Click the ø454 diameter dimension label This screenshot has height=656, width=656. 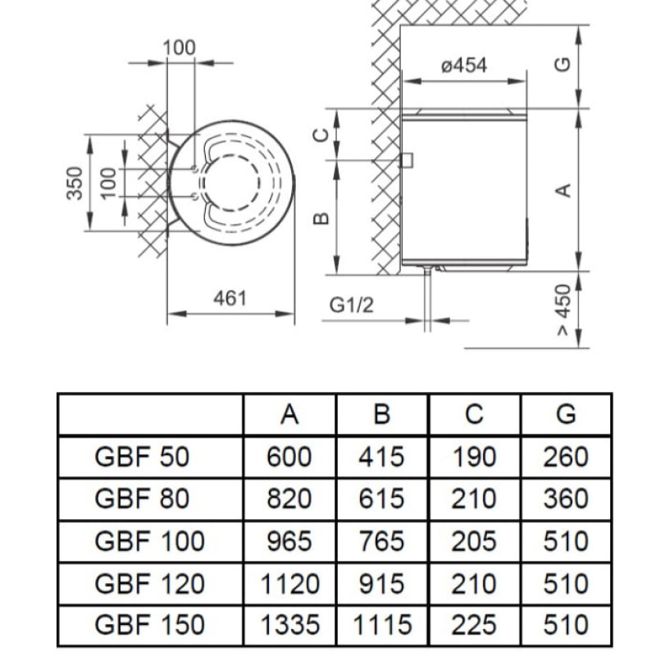[464, 66]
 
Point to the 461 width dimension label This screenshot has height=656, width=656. [230, 298]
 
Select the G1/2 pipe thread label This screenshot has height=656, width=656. [352, 305]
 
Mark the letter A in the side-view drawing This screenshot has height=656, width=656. [563, 189]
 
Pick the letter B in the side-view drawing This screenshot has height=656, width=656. [322, 218]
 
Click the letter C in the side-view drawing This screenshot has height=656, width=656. [322, 134]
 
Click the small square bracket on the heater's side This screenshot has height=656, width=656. [405, 160]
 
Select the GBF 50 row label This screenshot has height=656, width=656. [142, 457]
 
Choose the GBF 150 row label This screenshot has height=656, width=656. [150, 626]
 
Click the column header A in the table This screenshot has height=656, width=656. [289, 415]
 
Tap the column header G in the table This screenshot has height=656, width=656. [566, 415]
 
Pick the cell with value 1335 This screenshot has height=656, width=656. [289, 626]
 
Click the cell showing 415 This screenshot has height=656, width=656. [381, 457]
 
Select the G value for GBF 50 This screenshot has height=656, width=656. [566, 457]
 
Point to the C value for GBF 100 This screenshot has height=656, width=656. [474, 541]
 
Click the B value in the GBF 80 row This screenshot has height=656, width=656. [381, 499]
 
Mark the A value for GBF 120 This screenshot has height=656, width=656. [289, 584]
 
